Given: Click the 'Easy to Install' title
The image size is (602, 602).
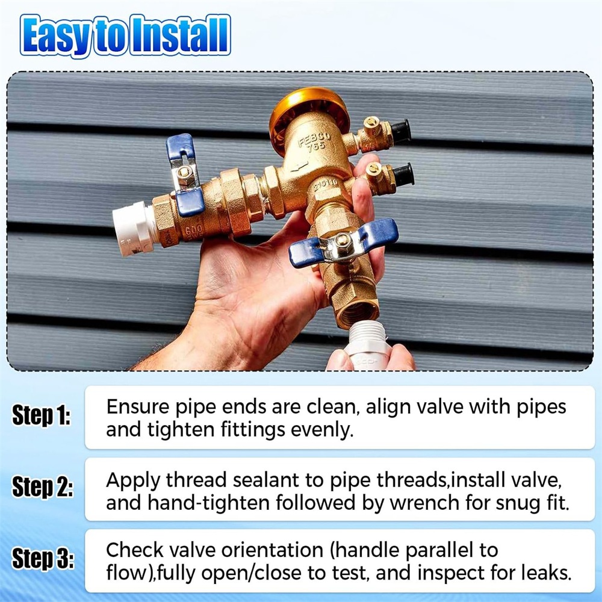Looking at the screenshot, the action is (x=125, y=36).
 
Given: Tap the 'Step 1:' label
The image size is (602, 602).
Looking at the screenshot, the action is (x=42, y=415).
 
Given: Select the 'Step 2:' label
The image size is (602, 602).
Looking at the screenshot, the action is (x=42, y=487).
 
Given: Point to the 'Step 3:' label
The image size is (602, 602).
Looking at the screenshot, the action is (x=43, y=558).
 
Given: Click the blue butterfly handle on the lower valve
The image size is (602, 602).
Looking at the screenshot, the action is (x=343, y=243).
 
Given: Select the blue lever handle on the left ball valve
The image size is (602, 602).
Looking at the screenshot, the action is (x=185, y=175).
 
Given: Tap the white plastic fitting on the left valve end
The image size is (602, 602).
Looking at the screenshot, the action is (x=133, y=228).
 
